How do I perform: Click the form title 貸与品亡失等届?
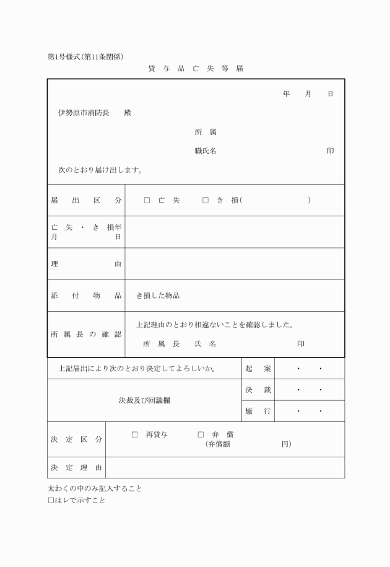coord(195,69)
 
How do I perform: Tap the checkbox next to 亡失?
coord(147,200)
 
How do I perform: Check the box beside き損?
coord(206,200)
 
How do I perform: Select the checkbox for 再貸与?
coord(134,435)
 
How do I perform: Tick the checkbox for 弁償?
coord(201,435)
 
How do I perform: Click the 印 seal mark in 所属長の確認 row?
coord(300,343)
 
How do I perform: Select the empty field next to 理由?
coord(234,264)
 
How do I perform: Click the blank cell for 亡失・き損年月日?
coord(234,232)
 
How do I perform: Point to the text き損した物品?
coord(158,296)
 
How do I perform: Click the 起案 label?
coord(258,369)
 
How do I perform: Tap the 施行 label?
coord(258,411)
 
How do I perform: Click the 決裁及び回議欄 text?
coord(144,400)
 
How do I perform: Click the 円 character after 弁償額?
coord(285,444)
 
